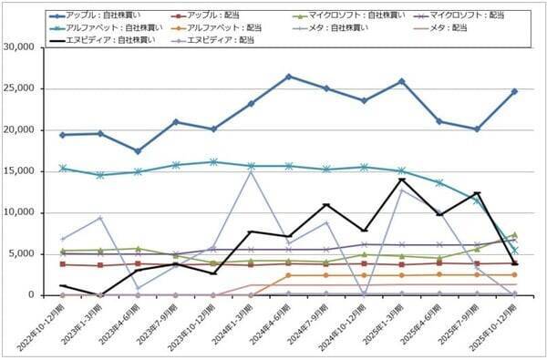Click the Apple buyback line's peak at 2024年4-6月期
[288, 77]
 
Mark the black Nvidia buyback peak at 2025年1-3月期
[401, 180]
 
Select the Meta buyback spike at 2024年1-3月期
[251, 172]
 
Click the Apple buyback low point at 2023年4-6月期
[138, 151]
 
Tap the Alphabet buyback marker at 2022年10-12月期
[62, 168]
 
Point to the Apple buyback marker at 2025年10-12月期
[513, 91]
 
